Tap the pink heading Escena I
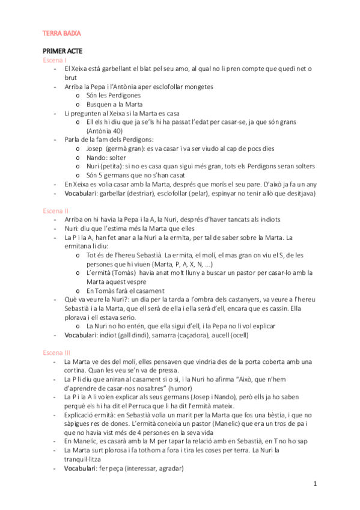[x=55, y=61]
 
